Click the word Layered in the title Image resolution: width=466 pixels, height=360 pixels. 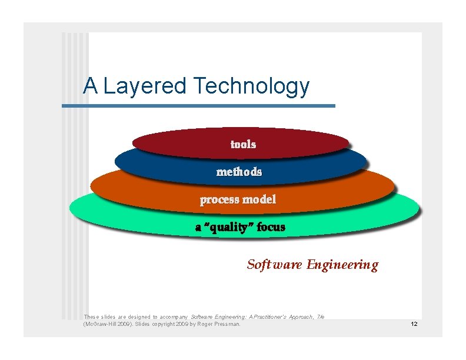tap(145, 86)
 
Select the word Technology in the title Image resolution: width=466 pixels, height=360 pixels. tap(251, 86)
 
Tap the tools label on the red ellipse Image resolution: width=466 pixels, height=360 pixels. tap(243, 144)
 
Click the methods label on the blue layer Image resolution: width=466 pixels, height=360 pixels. tap(239, 172)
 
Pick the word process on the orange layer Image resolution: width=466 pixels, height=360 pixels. tap(219, 199)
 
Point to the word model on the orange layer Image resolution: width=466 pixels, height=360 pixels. tap(259, 199)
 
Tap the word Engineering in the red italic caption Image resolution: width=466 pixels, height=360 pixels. tap(342, 265)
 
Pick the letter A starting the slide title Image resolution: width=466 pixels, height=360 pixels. tap(90, 86)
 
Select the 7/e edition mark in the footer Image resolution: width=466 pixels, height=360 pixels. tap(320, 316)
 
